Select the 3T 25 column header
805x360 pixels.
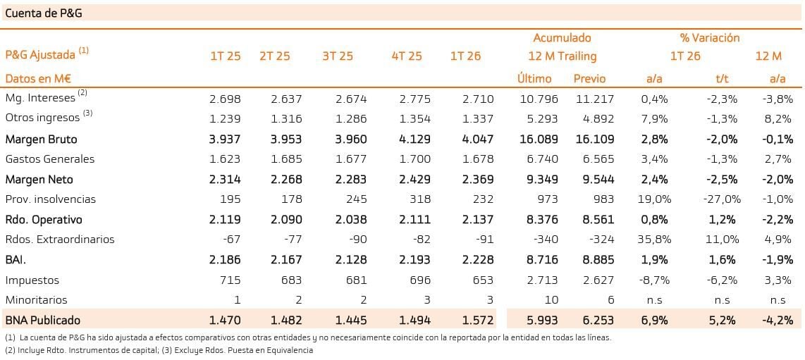click(338, 56)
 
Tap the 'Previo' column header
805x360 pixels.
click(589, 79)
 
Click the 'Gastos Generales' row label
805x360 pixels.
click(50, 159)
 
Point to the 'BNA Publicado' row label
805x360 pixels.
click(42, 321)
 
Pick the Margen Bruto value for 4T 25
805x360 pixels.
click(414, 139)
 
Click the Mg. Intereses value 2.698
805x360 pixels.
click(225, 99)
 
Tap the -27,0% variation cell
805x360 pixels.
click(722, 199)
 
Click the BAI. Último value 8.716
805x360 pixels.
click(541, 260)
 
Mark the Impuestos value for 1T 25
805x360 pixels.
click(230, 280)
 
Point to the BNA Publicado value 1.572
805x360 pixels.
click(478, 321)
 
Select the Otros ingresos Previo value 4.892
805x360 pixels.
click(598, 119)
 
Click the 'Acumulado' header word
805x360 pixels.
click(562, 38)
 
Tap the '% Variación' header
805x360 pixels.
click(710, 38)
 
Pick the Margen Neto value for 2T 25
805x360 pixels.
click(286, 180)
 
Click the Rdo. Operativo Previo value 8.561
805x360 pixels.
click(598, 220)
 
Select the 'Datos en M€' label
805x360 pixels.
click(38, 79)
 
